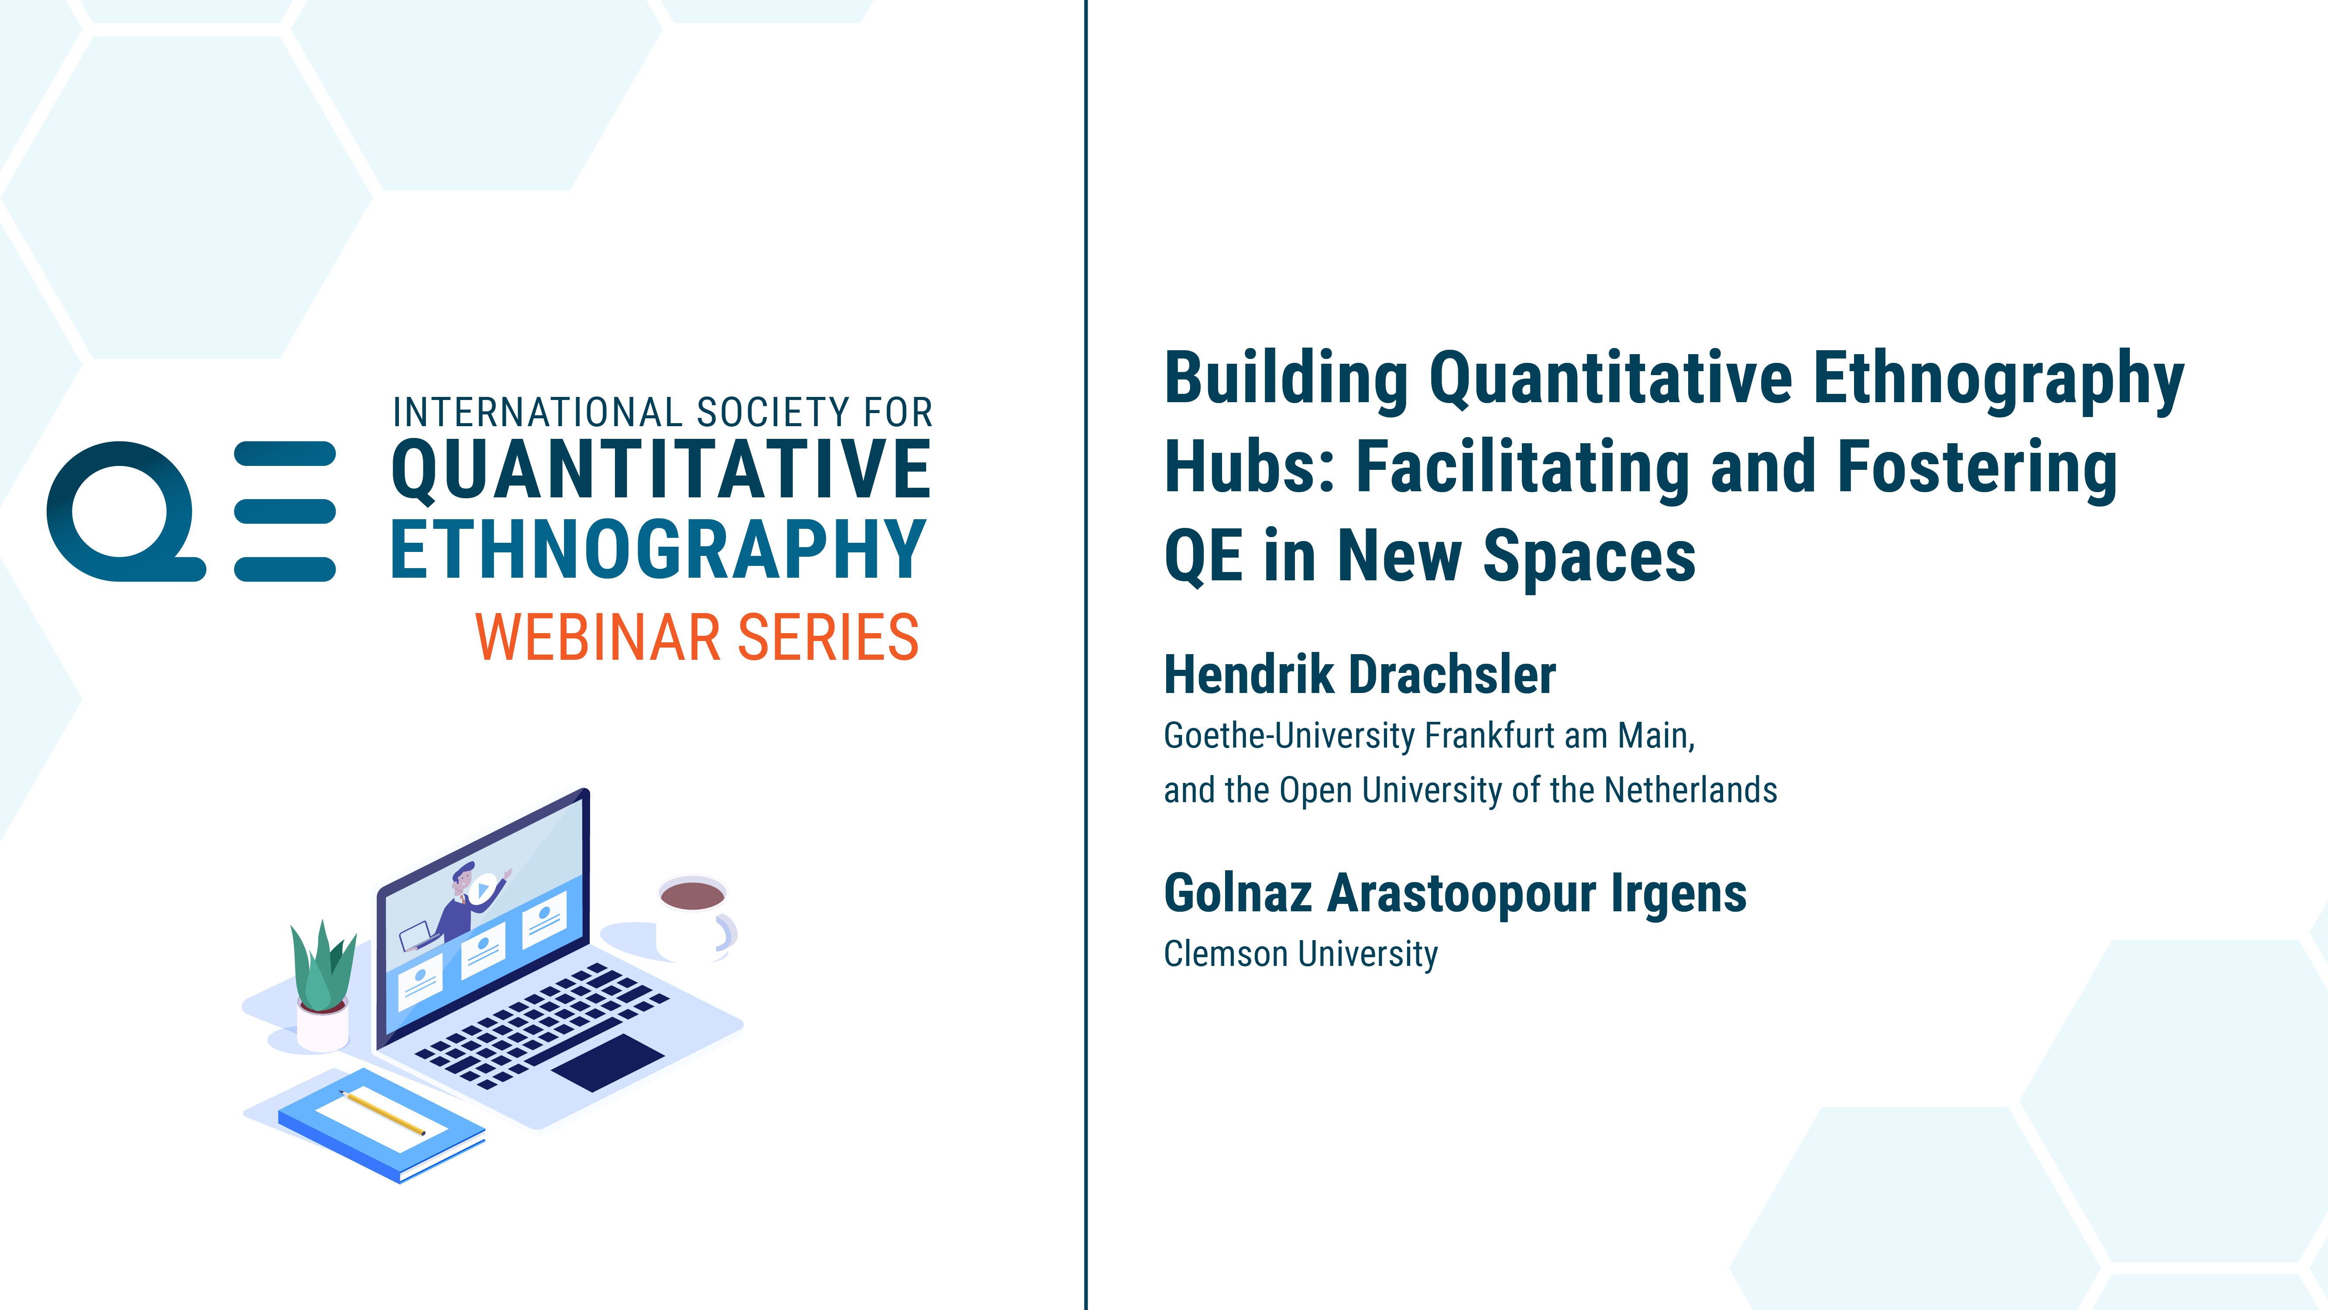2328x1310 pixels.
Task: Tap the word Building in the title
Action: point(1286,380)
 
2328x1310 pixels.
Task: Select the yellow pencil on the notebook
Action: point(382,1113)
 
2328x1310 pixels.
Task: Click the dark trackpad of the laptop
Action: point(608,1062)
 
